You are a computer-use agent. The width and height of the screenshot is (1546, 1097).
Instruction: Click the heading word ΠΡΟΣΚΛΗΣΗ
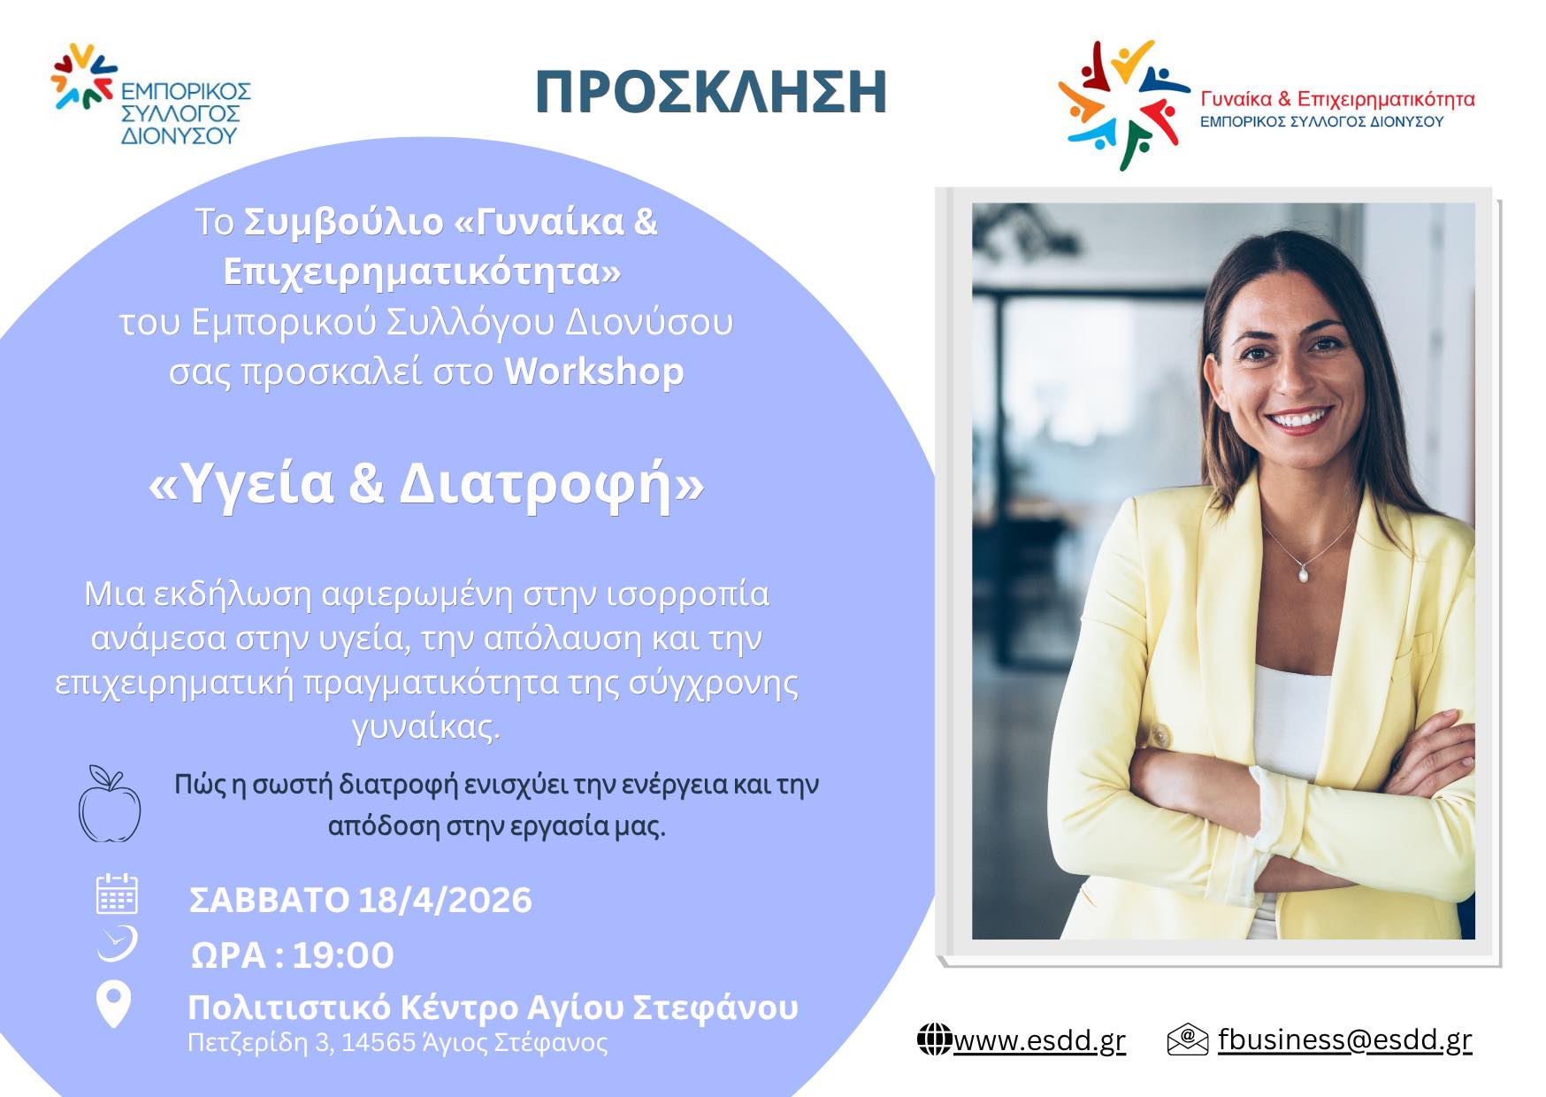[711, 92]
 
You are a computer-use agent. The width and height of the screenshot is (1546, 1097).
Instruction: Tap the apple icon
[110, 804]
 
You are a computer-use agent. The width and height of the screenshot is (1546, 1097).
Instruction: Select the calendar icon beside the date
[116, 894]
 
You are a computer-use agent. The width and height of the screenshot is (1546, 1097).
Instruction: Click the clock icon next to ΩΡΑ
[117, 943]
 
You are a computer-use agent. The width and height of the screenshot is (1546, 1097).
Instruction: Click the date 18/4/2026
[445, 901]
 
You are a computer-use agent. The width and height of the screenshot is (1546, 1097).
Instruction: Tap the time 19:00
[343, 955]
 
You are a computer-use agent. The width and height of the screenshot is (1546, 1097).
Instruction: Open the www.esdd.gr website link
[1039, 1040]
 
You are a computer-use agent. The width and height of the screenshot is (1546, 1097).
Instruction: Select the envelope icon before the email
[1188, 1039]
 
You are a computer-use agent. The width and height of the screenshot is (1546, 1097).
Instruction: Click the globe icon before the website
[934, 1039]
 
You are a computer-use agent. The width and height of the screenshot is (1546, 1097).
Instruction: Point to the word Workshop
[593, 372]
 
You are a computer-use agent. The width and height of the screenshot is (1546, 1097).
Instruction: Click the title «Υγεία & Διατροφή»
[426, 484]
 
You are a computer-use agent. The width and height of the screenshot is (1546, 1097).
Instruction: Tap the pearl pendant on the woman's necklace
[1303, 575]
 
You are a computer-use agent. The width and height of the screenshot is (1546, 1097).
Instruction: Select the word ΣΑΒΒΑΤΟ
[269, 901]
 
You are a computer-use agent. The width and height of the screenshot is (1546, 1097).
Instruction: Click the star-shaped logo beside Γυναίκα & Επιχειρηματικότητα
[1124, 104]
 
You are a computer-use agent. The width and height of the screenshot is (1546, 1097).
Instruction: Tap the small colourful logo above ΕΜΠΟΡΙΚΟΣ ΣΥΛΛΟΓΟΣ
[84, 76]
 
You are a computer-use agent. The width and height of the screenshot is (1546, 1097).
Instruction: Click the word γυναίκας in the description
[426, 727]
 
